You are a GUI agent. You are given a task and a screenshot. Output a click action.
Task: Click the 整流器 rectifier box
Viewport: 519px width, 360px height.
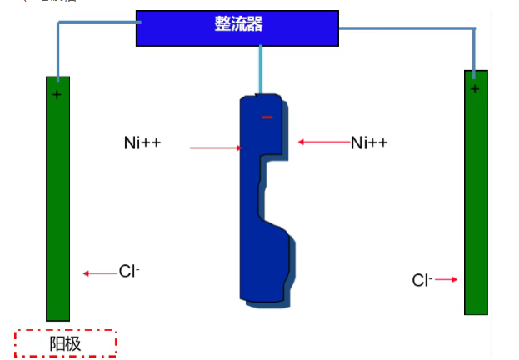[237, 27]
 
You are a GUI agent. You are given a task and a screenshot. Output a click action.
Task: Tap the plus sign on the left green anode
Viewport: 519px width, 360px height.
[57, 95]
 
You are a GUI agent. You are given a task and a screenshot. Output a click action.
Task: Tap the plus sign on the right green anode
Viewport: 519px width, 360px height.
[475, 88]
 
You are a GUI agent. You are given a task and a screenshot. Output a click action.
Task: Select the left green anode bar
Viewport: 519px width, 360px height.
[57, 200]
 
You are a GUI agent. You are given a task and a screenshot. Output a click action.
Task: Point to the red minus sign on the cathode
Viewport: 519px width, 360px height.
[267, 117]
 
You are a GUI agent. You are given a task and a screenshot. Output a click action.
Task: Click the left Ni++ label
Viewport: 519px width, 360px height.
[142, 143]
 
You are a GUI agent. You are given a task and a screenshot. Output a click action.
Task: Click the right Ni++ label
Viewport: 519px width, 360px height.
[369, 142]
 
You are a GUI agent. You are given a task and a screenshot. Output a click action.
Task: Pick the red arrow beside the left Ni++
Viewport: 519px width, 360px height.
[216, 148]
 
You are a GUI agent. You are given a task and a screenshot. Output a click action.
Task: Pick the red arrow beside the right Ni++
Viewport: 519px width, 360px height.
[324, 142]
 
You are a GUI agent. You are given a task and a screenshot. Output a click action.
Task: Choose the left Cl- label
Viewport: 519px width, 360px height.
[129, 271]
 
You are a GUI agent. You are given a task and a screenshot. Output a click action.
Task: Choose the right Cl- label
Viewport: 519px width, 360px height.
[422, 280]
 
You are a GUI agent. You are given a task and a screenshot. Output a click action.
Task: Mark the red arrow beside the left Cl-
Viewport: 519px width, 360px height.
[100, 272]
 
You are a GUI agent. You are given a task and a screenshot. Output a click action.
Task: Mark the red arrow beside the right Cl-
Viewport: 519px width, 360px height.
[447, 280]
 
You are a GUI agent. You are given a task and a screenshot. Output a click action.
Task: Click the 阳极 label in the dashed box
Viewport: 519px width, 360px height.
[66, 343]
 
